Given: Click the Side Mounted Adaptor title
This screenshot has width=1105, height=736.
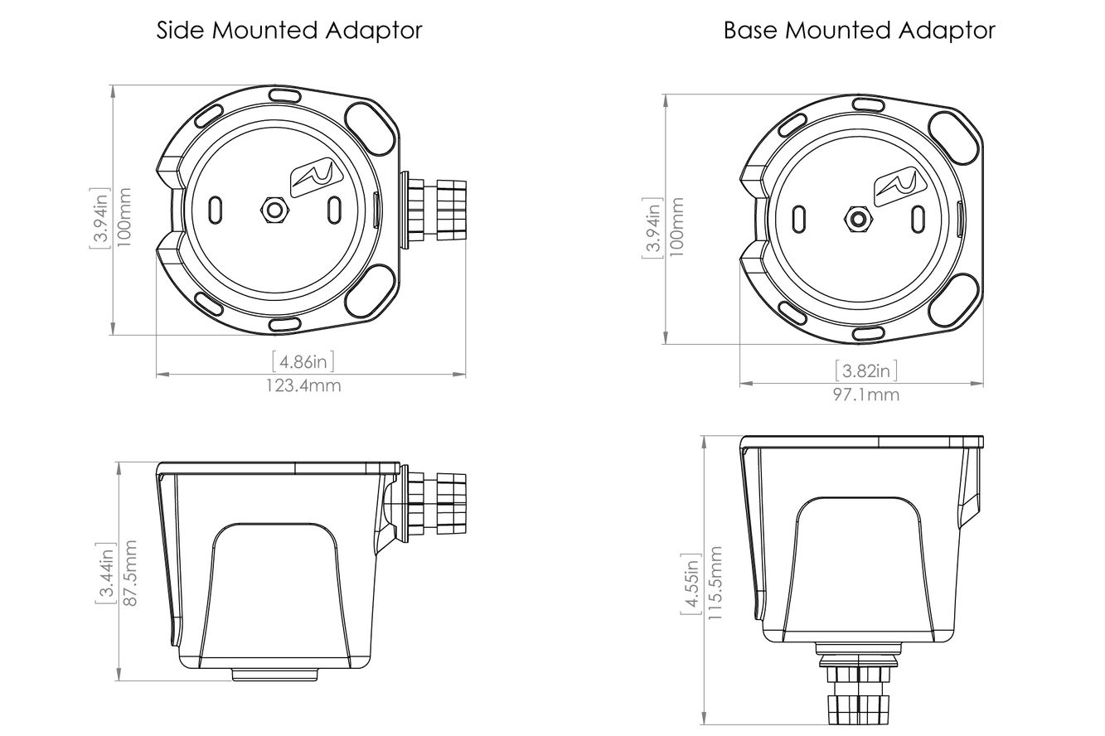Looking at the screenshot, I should pos(289,31).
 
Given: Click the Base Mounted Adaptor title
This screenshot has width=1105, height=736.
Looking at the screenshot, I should pos(859,31).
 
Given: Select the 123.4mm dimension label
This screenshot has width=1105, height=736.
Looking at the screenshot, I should pos(303,385).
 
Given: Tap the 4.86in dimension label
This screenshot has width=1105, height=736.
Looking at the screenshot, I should pos(303,361).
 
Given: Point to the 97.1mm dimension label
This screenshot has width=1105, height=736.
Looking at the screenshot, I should pos(865,394).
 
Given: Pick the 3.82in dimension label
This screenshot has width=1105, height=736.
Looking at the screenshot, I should pos(865,370).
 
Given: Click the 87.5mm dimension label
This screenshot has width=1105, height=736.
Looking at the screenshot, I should pos(129,573).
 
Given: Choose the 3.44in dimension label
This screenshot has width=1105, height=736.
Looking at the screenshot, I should pos(106,573).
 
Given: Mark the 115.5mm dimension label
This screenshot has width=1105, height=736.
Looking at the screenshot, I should pos(715,583).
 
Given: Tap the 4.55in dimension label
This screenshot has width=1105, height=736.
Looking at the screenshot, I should pos(691,583).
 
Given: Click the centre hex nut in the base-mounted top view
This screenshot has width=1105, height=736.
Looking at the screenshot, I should pos(858,219).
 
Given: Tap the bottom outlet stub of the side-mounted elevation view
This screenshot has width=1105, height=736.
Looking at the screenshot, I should pos(274,675).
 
